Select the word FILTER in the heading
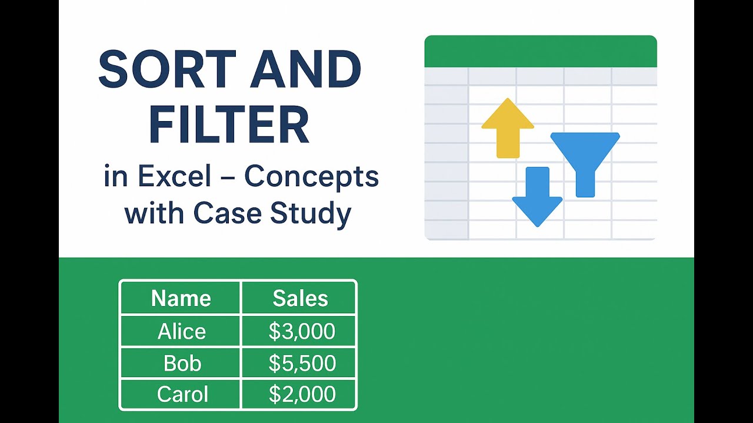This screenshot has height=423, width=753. pos(229,124)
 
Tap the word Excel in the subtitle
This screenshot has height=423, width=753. pos(175,176)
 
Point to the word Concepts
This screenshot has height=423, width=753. pos(312,178)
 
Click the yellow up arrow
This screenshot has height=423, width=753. pos(508,128)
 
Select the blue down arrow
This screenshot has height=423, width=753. pos(537,197)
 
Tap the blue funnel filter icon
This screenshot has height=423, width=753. pos(585,164)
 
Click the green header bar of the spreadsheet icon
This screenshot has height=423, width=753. pos(541,51)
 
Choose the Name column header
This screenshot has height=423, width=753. pos(181,298)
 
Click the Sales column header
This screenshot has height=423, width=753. pos(300,298)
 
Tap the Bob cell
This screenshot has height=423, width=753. pos(182,363)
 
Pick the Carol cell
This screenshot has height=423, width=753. pos(182,394)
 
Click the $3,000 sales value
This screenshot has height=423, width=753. pos(302,331)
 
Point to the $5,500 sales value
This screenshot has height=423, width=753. pos(302,363)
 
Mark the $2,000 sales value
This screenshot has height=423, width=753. pos(302,394)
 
